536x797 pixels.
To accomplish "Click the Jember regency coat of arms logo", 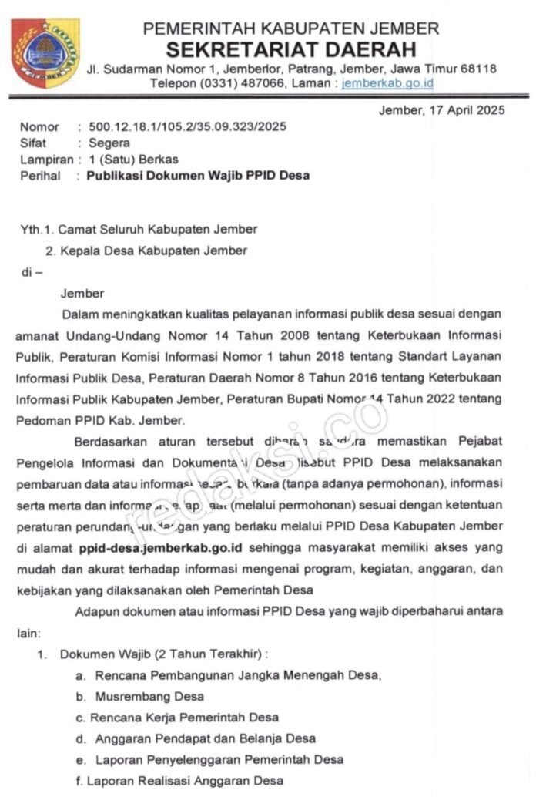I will click(45, 52).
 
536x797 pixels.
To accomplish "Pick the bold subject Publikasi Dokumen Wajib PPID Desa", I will click(198, 176).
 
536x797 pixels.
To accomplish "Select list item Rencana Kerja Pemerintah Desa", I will click(185, 717).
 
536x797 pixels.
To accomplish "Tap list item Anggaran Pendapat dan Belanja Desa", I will click(206, 738).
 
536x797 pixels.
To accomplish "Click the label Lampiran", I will click(45, 160).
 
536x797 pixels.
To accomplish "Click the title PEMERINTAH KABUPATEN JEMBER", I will click(291, 30).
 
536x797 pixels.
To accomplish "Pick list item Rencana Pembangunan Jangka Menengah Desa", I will click(238, 675).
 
